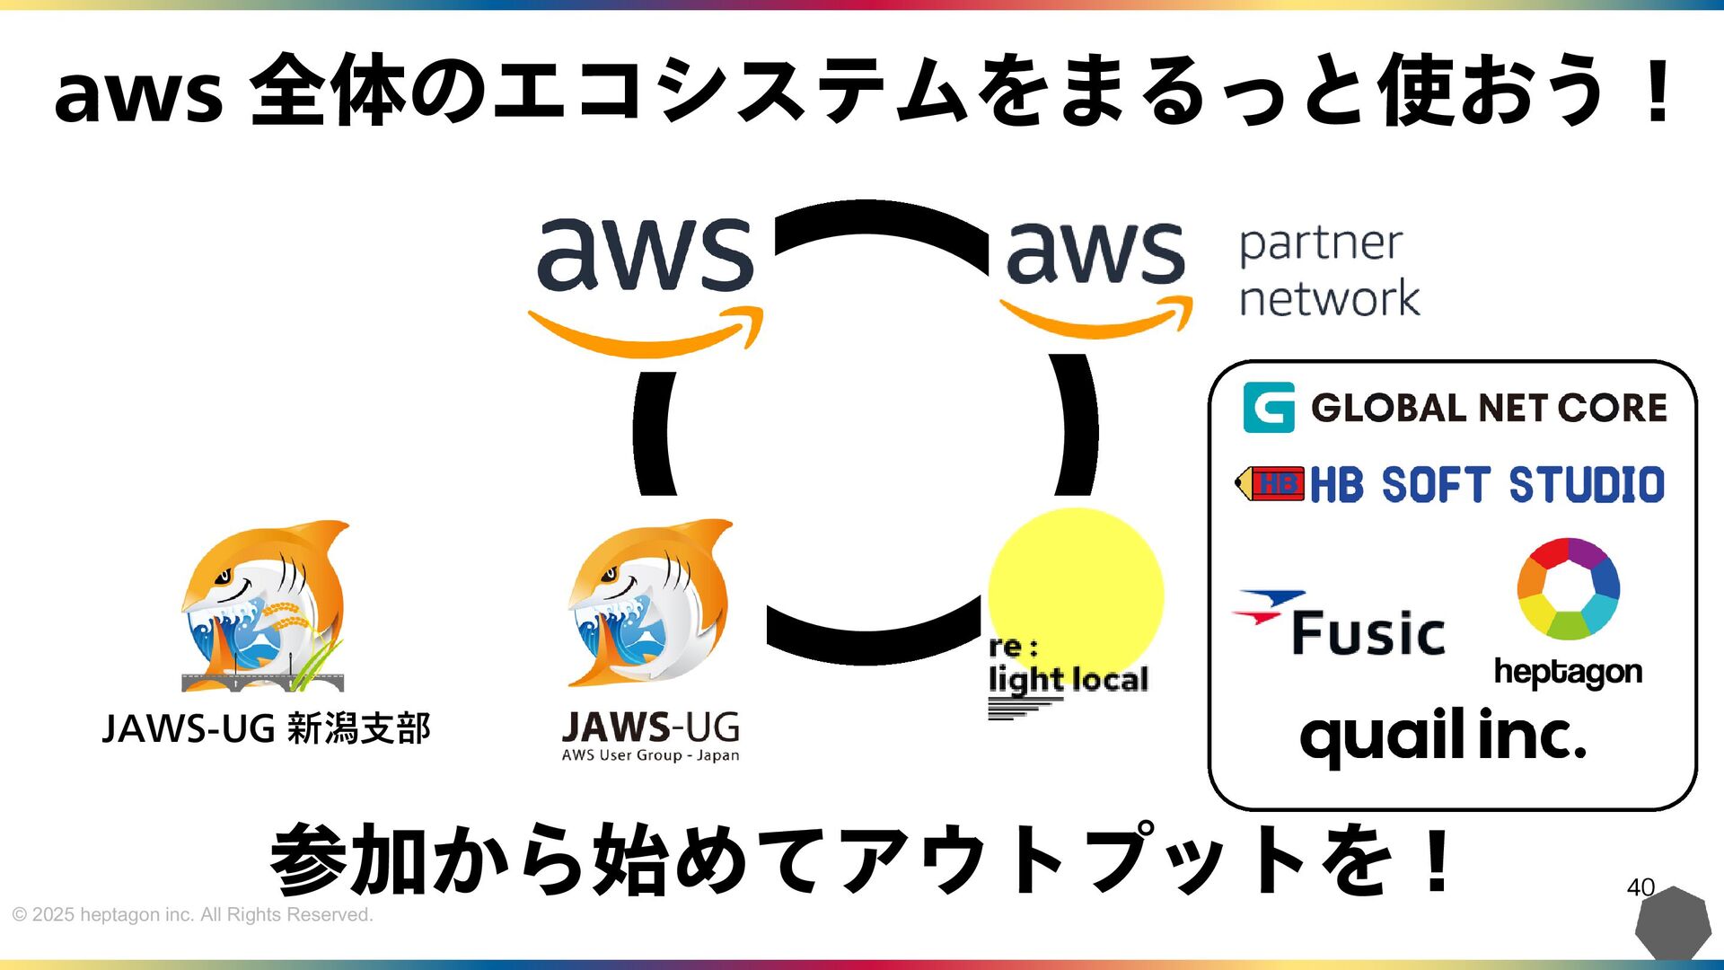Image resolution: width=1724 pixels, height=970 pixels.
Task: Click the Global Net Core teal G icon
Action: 1269,408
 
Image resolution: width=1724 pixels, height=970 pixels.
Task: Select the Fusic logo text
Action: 1368,632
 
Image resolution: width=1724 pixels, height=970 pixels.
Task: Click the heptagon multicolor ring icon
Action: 1568,588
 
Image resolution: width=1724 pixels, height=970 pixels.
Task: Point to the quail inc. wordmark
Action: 1443,736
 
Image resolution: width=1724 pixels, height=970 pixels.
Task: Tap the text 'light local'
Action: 1068,680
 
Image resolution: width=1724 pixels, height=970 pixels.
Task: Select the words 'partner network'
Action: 1329,271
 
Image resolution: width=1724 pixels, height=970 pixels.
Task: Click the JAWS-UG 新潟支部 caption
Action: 266,728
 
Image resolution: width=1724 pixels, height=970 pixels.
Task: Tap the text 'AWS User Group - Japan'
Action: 650,755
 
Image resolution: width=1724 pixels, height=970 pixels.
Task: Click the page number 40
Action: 1640,887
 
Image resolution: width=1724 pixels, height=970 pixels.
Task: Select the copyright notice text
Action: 192,914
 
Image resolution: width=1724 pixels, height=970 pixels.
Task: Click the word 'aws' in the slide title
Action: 137,93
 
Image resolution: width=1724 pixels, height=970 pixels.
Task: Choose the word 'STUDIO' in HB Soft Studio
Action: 1586,485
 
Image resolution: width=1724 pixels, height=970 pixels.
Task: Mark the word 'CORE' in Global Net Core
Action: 1612,408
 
